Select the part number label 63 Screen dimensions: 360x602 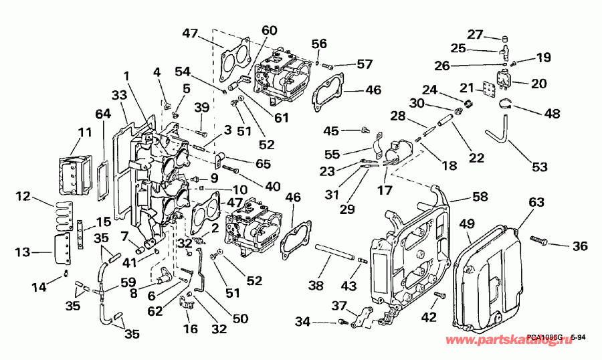536,201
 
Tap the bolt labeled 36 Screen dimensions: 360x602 540,239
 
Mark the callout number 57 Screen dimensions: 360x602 364,64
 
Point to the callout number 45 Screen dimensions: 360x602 331,130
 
